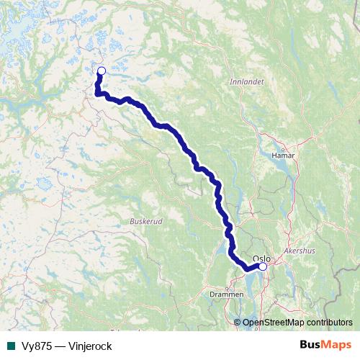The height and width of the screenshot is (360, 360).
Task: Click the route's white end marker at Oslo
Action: pos(263,267)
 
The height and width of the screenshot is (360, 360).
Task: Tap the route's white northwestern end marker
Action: pos(101,71)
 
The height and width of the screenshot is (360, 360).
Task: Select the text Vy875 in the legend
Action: pos(36,346)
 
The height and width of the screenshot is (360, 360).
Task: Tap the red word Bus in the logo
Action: pos(310,345)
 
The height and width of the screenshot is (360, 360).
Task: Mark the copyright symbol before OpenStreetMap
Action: pos(238,323)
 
